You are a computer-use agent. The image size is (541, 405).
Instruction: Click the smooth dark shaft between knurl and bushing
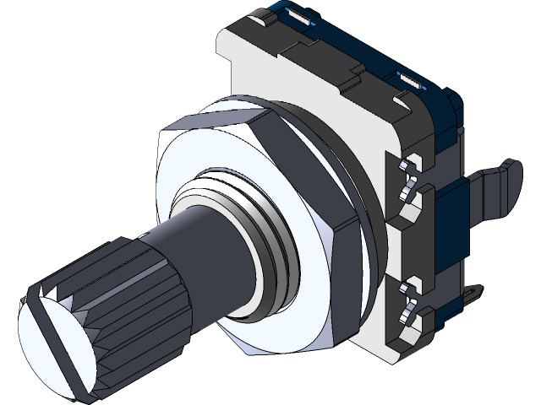211,253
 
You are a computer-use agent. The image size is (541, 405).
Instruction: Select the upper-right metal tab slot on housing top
410,80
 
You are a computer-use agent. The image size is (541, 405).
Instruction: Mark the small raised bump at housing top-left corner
258,15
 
